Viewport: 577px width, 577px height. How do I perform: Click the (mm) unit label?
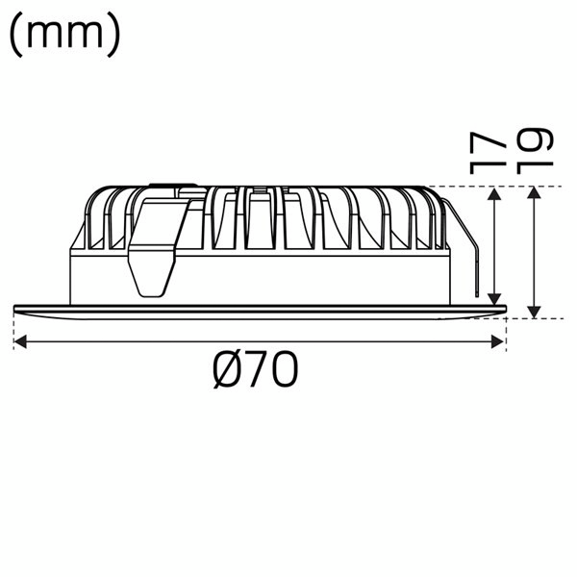tap(64, 34)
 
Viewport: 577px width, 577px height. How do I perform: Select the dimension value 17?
tap(489, 152)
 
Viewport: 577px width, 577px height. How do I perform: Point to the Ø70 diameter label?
tap(256, 370)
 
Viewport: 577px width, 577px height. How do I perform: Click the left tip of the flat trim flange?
tap(15, 309)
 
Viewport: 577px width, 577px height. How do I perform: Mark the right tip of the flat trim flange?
tap(504, 309)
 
